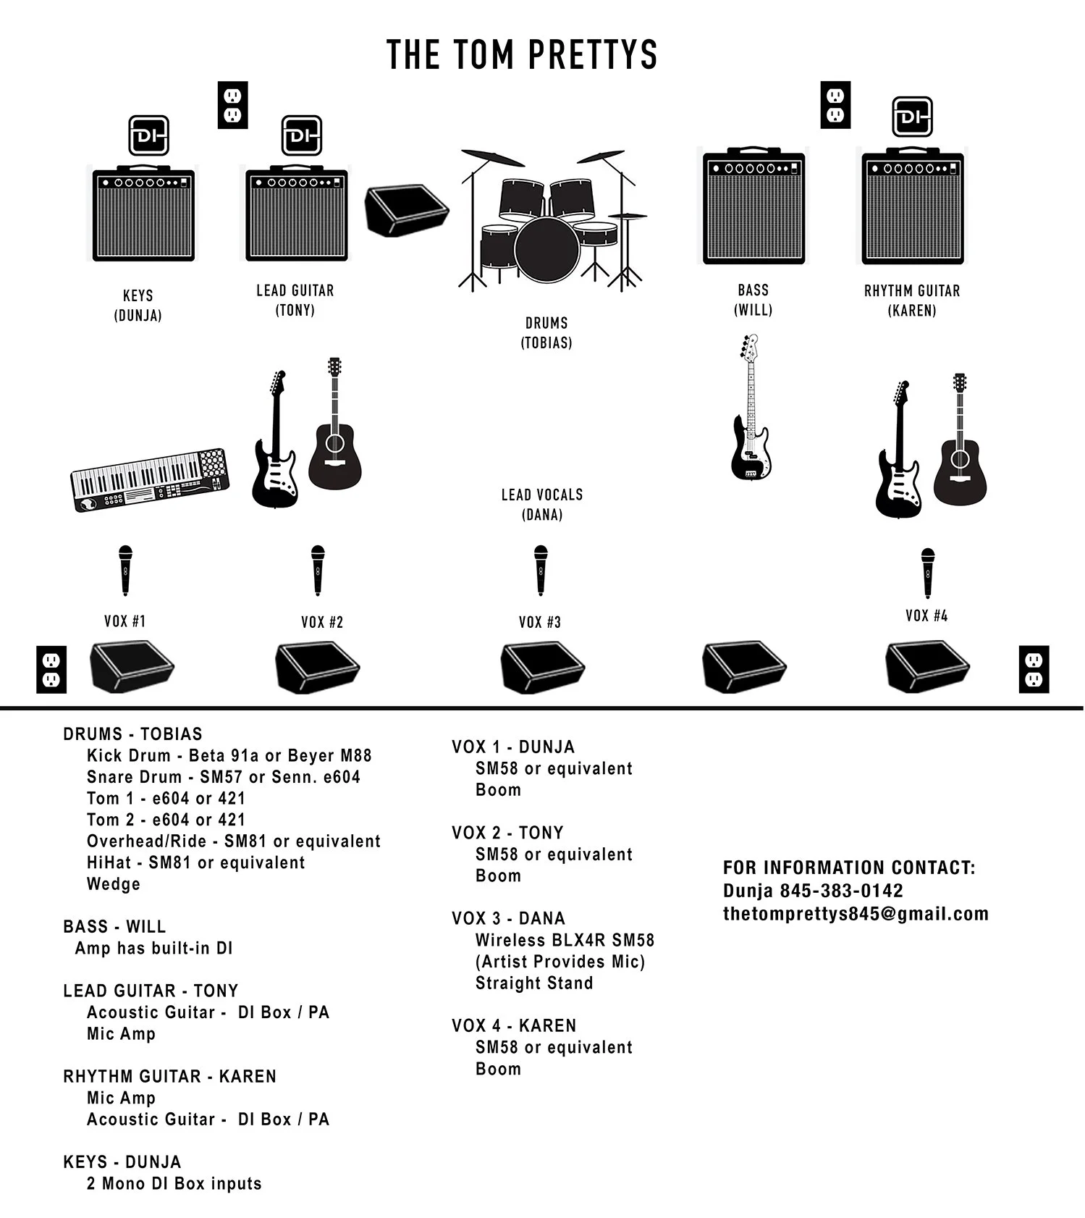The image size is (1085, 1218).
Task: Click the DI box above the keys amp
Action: [x=148, y=135]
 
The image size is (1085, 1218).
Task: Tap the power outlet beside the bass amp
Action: [x=835, y=106]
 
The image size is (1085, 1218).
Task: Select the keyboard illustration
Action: [x=150, y=480]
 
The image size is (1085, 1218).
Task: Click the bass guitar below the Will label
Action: [x=751, y=408]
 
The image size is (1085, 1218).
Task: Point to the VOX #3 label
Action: [x=539, y=622]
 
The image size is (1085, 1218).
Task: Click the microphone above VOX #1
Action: [x=125, y=571]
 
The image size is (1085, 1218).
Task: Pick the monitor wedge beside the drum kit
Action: [x=406, y=210]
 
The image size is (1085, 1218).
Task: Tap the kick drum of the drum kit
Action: [x=546, y=248]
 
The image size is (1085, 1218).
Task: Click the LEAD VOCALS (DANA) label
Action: [x=542, y=505]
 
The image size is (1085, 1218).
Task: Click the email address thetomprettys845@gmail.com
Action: [x=856, y=914]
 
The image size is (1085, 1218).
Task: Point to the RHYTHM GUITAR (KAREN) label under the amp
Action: [x=911, y=301]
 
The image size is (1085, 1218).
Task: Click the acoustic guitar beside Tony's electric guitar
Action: [x=334, y=427]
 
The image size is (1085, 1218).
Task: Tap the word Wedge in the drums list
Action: [x=114, y=884]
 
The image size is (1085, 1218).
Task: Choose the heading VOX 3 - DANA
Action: [x=508, y=918]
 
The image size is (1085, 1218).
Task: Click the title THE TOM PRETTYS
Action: [x=522, y=54]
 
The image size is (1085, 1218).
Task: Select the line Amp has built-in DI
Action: [x=153, y=948]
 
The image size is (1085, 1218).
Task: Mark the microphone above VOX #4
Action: [x=927, y=573]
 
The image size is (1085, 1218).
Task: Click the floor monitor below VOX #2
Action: [x=318, y=666]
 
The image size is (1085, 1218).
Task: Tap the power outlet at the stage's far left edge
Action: [x=51, y=669]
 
